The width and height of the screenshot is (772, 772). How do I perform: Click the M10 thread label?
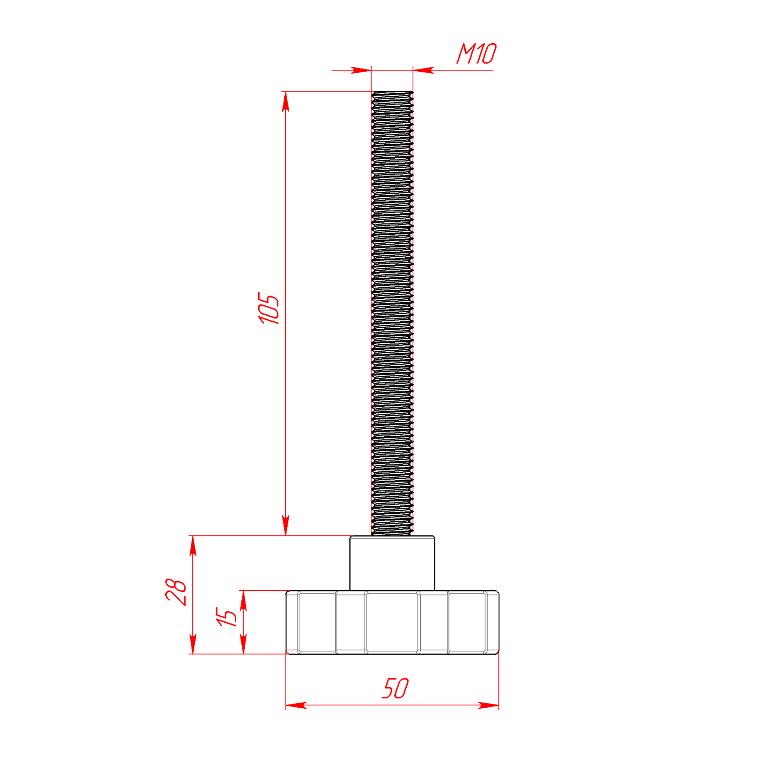click(476, 53)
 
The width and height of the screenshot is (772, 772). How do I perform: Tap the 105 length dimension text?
click(269, 308)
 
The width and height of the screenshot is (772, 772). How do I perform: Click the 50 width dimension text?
click(395, 688)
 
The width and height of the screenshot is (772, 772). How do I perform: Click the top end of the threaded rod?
click(392, 92)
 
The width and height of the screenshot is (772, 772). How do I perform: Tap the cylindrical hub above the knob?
click(392, 563)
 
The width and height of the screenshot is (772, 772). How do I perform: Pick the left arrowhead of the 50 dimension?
click(296, 705)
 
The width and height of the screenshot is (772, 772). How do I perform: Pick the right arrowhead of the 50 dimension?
click(489, 705)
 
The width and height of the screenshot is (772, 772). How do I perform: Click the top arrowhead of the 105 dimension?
click(285, 101)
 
